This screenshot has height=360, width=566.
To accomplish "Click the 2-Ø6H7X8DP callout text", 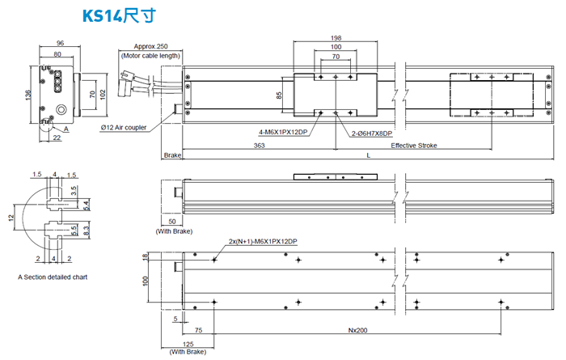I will pos(372,133).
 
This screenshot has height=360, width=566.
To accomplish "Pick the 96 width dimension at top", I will pos(60,44).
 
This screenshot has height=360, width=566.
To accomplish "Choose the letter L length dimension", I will pos(368,155).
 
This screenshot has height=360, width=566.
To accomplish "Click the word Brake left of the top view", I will pos(172,155).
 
